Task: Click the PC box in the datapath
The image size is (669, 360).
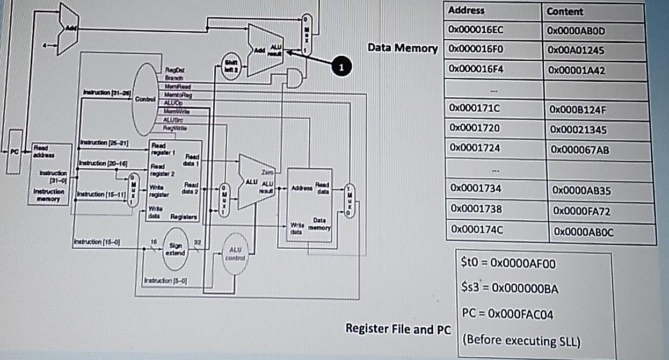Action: tap(14, 152)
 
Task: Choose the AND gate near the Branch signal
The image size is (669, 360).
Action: tap(294, 78)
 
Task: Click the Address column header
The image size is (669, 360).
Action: tap(466, 11)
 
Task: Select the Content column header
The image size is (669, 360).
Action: tap(565, 12)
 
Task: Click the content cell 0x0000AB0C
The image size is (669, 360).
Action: tap(581, 232)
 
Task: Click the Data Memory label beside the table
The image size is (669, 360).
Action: tap(403, 48)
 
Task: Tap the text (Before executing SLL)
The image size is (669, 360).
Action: tap(521, 341)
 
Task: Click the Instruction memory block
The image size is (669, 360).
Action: tap(49, 173)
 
